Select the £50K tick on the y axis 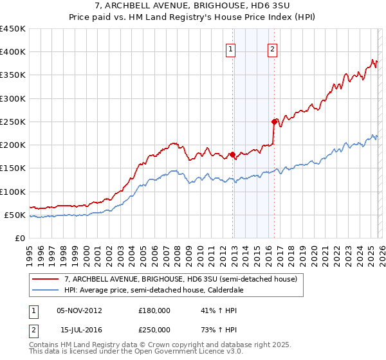[15, 215]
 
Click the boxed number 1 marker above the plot [230, 48]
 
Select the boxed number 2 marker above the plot [272, 48]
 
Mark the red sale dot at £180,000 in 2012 [232, 155]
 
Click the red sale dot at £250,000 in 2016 [274, 122]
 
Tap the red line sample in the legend [46, 279]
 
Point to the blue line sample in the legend [46, 291]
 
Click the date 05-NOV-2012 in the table [80, 310]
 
